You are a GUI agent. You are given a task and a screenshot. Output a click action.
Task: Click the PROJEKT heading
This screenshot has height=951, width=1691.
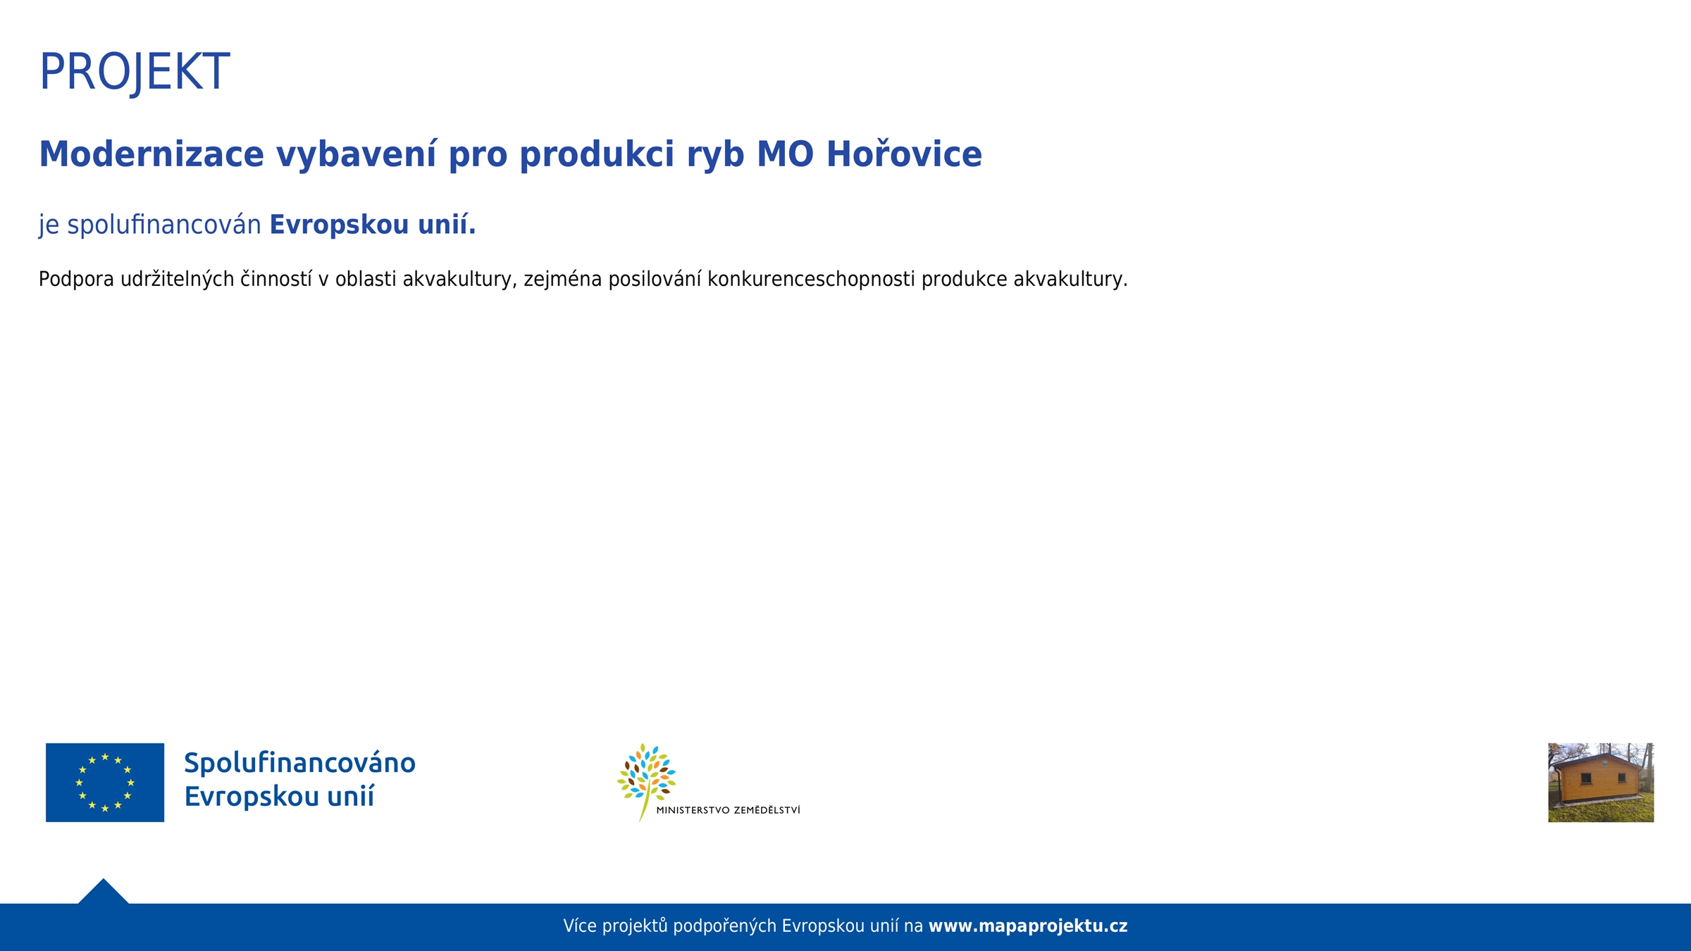point(135,72)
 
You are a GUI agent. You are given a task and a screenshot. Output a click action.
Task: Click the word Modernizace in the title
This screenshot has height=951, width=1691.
point(151,154)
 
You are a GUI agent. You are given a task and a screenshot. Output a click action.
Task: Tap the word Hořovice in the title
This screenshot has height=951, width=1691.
point(904,154)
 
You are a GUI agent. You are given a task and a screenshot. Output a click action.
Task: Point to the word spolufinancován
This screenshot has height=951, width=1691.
point(164,225)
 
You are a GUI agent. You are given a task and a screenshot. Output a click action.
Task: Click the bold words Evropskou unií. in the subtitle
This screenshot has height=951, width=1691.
point(373,225)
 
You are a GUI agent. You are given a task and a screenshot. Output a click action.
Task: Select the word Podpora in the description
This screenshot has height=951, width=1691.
point(76,280)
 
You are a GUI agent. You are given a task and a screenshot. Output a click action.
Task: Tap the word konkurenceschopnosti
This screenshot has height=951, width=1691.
point(811,280)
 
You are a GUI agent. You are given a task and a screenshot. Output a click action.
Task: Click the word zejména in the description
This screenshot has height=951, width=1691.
point(562,280)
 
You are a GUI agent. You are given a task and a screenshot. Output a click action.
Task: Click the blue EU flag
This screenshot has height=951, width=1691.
point(105,782)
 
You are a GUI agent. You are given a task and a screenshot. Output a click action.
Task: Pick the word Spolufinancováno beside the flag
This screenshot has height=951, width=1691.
point(299,763)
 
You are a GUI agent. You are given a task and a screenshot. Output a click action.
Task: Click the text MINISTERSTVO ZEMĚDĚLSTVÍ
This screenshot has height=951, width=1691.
point(728,810)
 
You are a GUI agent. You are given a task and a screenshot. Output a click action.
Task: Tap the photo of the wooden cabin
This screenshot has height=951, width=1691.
point(1601,782)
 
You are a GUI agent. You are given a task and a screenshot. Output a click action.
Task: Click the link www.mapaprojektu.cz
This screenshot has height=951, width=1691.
point(1028,926)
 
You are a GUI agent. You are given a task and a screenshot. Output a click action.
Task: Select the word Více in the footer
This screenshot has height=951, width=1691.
point(580,926)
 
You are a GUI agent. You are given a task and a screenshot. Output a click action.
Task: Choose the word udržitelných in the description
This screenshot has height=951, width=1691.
point(177,280)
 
